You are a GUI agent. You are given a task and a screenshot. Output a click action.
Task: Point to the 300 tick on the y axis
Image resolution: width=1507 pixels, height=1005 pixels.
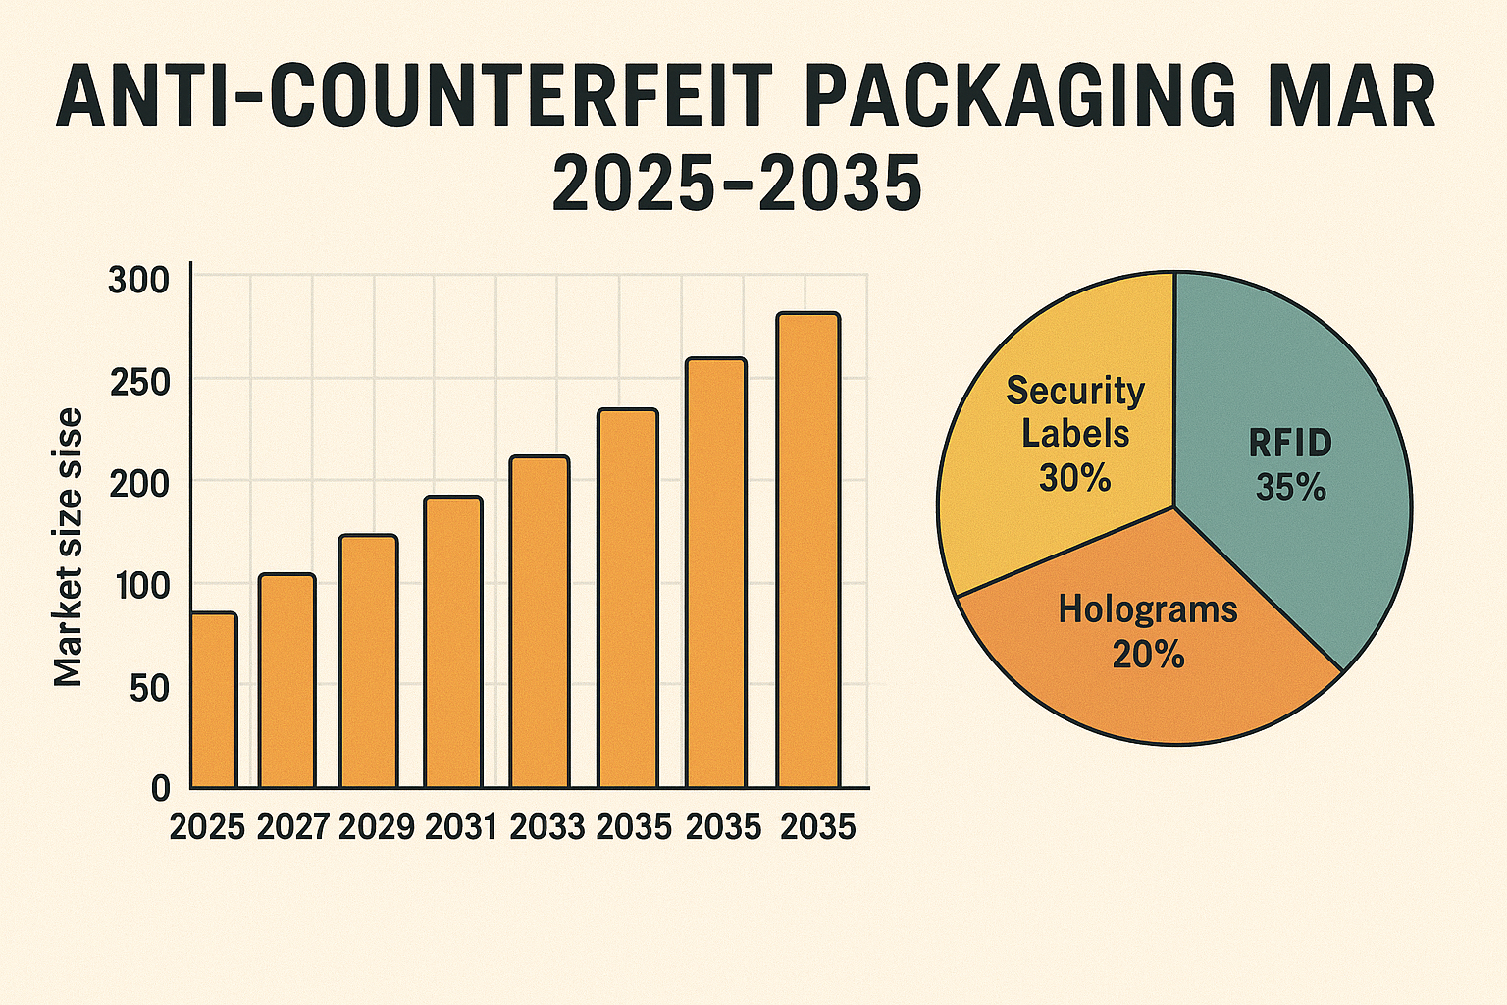[139, 281]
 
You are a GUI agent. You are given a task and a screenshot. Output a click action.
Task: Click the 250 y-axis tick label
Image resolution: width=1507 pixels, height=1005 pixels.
[139, 382]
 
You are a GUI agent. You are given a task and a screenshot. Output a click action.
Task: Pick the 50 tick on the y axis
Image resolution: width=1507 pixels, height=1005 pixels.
[149, 688]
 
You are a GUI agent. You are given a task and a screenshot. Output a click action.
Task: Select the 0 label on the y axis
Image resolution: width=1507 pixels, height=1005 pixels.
[161, 787]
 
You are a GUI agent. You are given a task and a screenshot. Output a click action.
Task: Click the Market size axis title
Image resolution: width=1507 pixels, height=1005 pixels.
[69, 547]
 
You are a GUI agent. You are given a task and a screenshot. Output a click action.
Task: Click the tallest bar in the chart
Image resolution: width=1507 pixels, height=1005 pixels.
[807, 550]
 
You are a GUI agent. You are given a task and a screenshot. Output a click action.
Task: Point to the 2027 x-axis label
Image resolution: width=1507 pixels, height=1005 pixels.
[292, 826]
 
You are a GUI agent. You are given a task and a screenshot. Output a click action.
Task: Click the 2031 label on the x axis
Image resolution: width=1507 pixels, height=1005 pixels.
[461, 826]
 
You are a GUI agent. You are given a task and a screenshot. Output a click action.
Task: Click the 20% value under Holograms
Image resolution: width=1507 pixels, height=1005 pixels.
[1148, 655]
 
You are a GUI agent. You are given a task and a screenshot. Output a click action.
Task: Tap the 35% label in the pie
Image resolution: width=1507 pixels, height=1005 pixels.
[1291, 487]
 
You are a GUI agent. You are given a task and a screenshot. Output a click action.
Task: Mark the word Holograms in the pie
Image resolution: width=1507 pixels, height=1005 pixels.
[1148, 610]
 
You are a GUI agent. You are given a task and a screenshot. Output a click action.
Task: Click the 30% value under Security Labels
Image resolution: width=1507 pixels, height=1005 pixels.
[1075, 478]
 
